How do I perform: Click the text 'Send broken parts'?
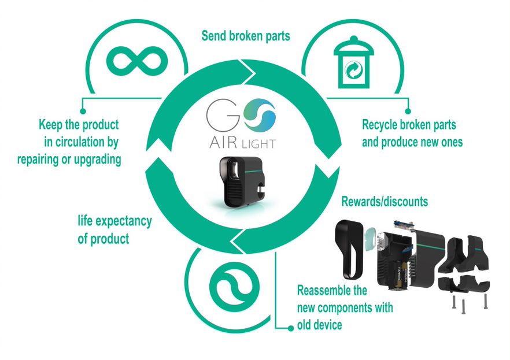[x=246, y=36]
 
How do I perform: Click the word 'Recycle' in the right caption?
[x=380, y=124]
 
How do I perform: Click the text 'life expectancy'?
[x=114, y=221]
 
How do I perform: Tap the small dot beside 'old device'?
[x=290, y=328]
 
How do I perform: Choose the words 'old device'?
[x=319, y=325]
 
